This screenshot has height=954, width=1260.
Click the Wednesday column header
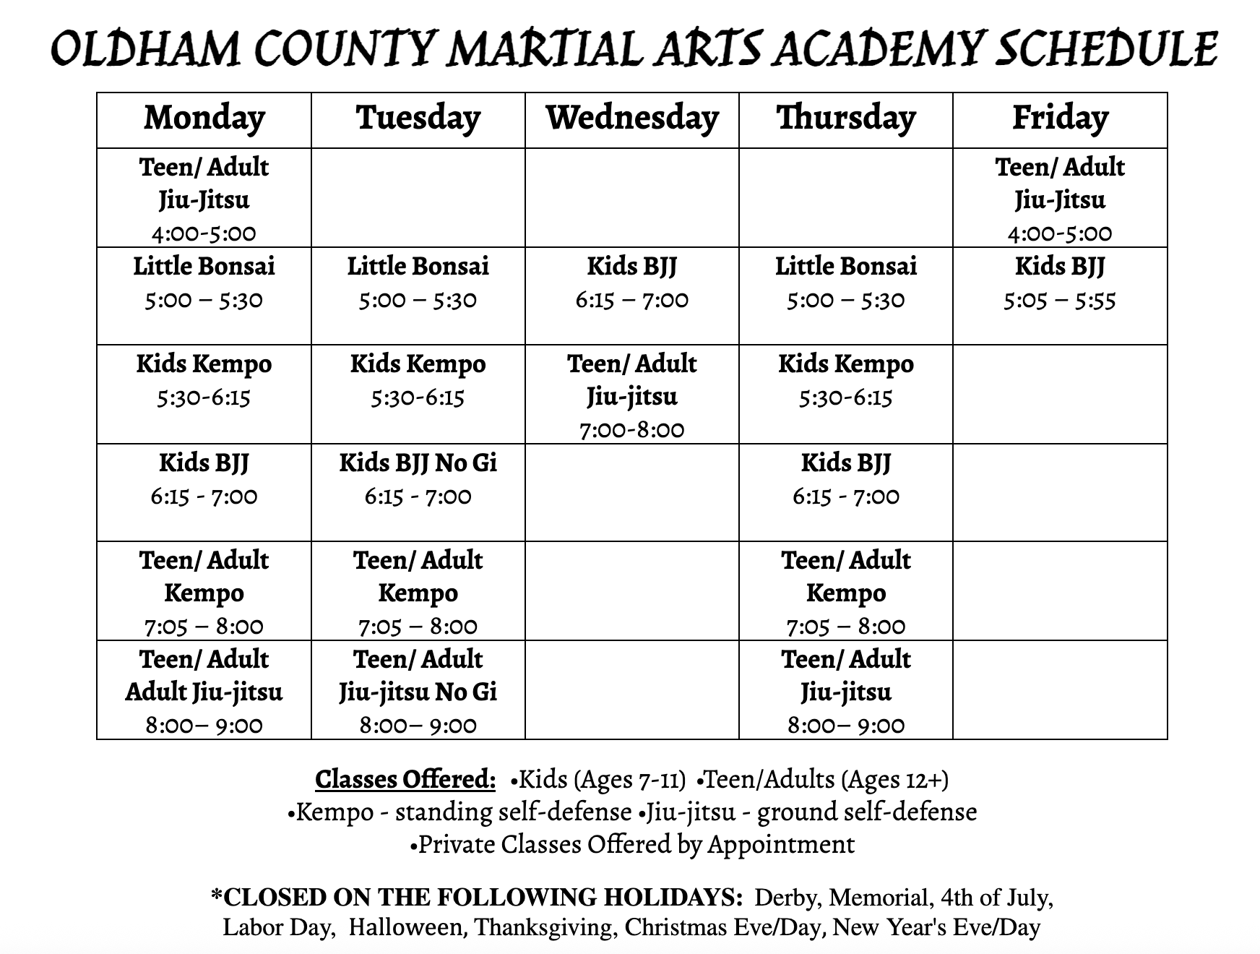coord(632,119)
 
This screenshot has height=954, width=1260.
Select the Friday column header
coord(1060,119)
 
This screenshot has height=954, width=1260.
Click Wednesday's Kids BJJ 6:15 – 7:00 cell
coord(632,283)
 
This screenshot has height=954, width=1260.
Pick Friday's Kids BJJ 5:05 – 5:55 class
coord(1060,283)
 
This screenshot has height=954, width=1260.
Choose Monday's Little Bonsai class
coord(204,283)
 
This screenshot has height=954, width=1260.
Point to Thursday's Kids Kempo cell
coord(846,380)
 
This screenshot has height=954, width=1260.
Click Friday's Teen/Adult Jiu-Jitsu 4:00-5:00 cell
coord(1060,199)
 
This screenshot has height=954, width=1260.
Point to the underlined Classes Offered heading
coord(405,780)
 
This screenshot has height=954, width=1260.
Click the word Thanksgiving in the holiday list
coord(546,927)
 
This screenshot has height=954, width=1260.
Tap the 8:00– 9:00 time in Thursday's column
coord(846,725)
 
